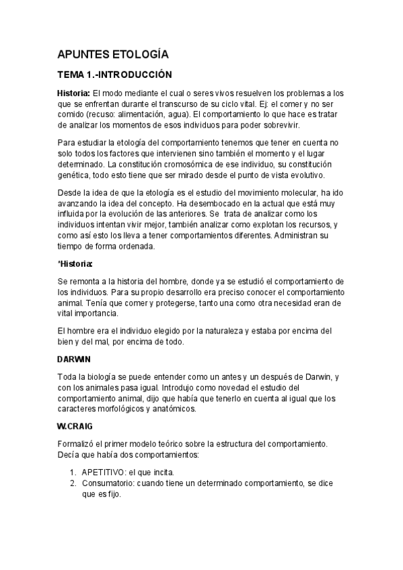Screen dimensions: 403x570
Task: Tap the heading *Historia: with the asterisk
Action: click(x=75, y=263)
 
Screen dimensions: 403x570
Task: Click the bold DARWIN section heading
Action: click(x=74, y=359)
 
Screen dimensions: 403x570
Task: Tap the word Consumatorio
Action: click(x=110, y=484)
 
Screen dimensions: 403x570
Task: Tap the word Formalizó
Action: click(x=79, y=444)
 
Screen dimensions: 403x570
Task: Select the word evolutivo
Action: click(x=302, y=175)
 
